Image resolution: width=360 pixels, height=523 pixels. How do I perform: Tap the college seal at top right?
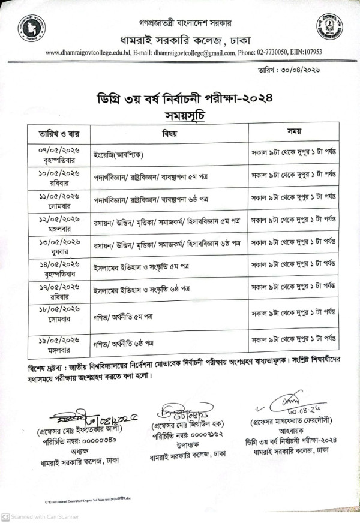[329, 26]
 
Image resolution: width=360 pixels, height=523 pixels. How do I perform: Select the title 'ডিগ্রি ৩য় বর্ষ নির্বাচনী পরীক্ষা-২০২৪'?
[179, 97]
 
